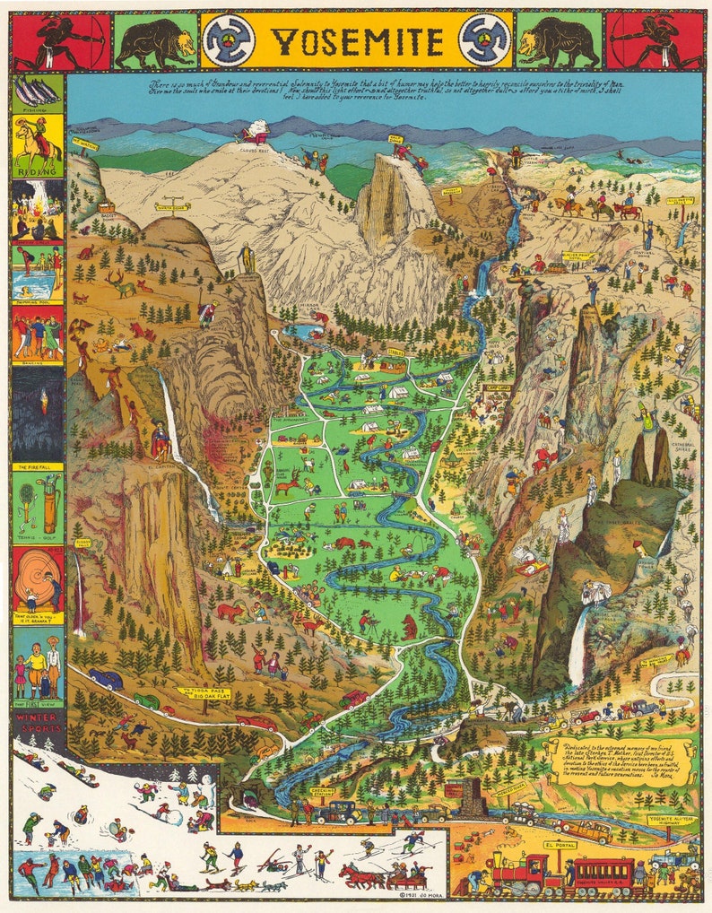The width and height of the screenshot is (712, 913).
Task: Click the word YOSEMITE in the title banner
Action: pos(356,41)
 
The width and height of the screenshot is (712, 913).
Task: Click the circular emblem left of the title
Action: pos(230,41)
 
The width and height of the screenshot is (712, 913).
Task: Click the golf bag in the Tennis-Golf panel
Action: pos(49,505)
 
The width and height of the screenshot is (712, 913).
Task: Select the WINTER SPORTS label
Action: pos(37,722)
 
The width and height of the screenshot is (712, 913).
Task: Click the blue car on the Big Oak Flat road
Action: pos(105,679)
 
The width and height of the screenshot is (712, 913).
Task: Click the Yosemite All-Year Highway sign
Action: pos(672,820)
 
